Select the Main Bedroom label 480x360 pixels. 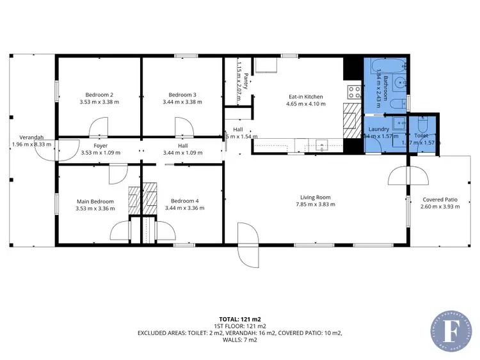(95, 201)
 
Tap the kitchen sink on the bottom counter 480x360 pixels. (322, 143)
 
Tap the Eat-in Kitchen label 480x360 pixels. (305, 97)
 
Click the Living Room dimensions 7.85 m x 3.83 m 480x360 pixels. (315, 205)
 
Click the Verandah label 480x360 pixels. (31, 137)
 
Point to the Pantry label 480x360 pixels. (245, 82)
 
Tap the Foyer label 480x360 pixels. (100, 146)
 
